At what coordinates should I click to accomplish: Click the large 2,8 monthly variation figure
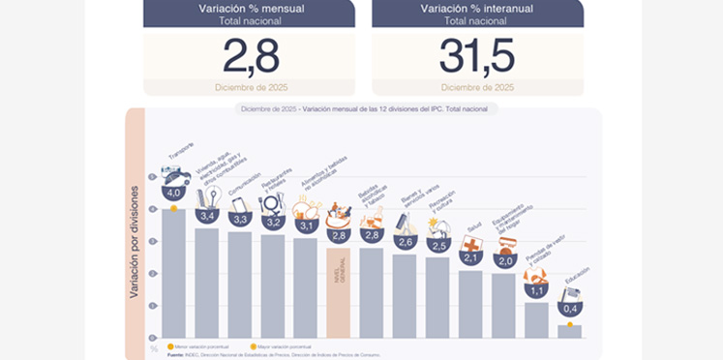(x=252, y=56)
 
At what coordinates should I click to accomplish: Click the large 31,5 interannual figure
(x=477, y=56)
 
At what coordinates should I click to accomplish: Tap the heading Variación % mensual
(x=252, y=9)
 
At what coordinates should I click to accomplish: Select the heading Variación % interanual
(x=477, y=9)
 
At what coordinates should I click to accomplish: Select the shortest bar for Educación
(x=569, y=330)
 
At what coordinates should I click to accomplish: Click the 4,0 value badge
(x=173, y=194)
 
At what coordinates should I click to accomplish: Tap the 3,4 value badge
(x=206, y=215)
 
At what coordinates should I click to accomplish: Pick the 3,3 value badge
(x=239, y=219)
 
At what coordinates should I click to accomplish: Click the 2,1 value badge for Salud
(x=471, y=257)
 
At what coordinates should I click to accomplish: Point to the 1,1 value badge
(x=536, y=288)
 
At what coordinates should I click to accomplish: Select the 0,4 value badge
(x=569, y=309)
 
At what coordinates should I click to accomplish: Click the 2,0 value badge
(x=504, y=260)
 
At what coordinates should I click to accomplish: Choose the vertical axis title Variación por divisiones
(x=136, y=242)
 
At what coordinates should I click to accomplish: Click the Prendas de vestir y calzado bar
(x=536, y=319)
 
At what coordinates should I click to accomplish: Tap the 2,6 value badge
(x=405, y=241)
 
